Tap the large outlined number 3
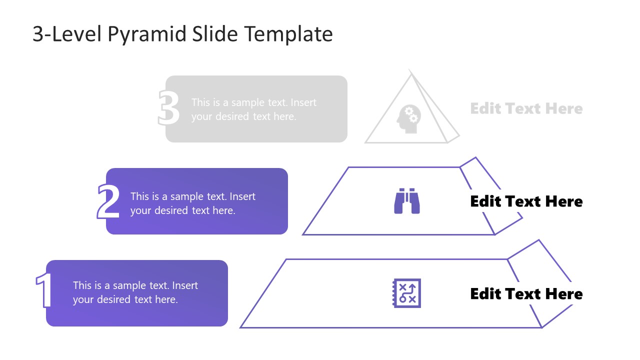pyautogui.click(x=168, y=108)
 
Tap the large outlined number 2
pyautogui.click(x=108, y=201)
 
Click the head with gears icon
pyautogui.click(x=409, y=119)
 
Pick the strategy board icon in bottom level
pyautogui.click(x=406, y=293)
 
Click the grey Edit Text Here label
pyautogui.click(x=526, y=108)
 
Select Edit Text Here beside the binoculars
pyautogui.click(x=526, y=201)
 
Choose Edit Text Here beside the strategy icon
pyautogui.click(x=526, y=294)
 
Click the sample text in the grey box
pyautogui.click(x=253, y=109)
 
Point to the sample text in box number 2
pyautogui.click(x=192, y=203)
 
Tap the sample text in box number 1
pyautogui.click(x=135, y=292)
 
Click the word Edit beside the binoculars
pyautogui.click(x=485, y=201)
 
